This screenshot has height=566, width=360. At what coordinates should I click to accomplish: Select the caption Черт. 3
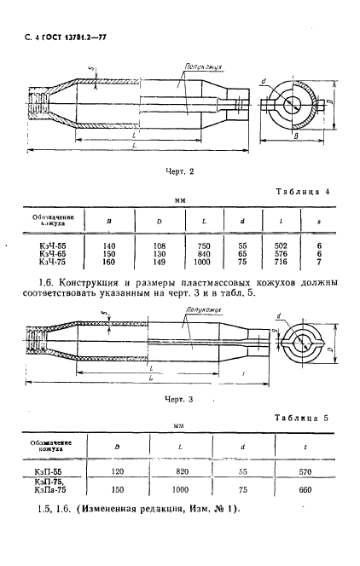click(180, 398)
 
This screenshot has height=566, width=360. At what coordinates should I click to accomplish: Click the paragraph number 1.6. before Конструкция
click(48, 280)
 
